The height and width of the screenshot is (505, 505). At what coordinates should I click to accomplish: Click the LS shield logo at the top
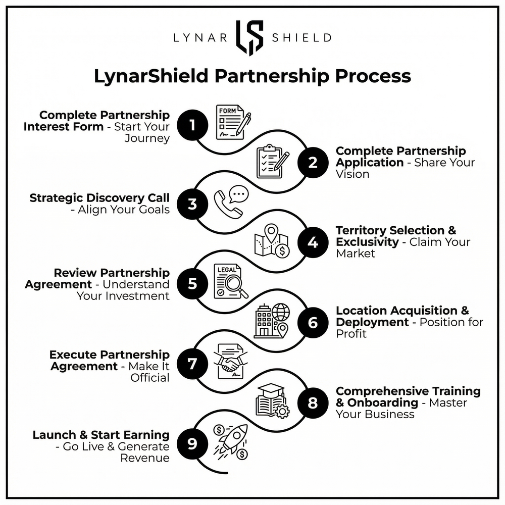(x=249, y=37)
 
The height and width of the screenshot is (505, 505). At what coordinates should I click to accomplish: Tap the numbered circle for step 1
(x=192, y=124)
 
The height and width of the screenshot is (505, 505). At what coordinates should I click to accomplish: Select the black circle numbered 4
(x=313, y=243)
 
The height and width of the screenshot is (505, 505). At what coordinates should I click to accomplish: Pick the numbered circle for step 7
(x=192, y=364)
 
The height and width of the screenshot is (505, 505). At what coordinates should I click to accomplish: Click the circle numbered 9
(x=192, y=444)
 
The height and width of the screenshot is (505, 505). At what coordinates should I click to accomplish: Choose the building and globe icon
(x=272, y=320)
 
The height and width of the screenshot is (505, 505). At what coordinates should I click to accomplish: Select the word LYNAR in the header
(x=197, y=38)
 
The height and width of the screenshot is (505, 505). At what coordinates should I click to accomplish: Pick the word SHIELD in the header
(x=301, y=38)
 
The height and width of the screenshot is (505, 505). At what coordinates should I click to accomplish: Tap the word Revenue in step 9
(x=144, y=458)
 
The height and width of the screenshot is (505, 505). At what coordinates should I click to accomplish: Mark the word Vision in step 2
(x=352, y=174)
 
